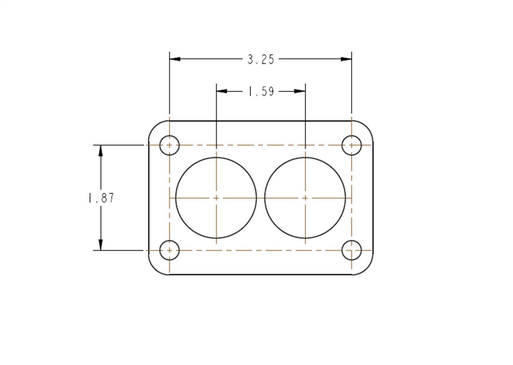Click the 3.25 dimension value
click(x=261, y=60)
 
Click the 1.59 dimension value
click(x=261, y=91)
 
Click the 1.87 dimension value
click(x=101, y=198)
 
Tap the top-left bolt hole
click(x=170, y=145)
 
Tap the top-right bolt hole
click(x=352, y=145)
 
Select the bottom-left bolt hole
click(x=170, y=250)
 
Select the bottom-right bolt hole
click(x=352, y=250)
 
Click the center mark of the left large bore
click(x=216, y=198)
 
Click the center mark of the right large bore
click(x=305, y=198)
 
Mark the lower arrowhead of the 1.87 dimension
click(x=101, y=245)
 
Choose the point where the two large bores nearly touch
click(x=261, y=198)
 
